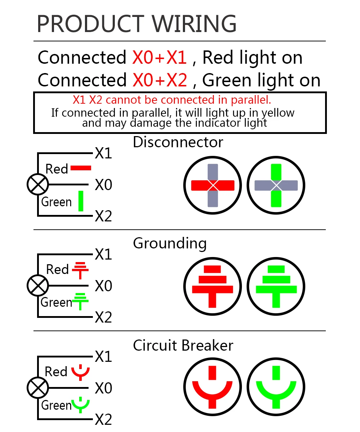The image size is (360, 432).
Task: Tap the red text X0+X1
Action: coord(159,58)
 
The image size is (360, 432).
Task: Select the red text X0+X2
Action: coord(159,80)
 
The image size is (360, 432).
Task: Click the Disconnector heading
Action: coord(178,142)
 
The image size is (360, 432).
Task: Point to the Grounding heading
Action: coord(170,244)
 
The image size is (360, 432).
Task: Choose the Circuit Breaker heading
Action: coord(183,346)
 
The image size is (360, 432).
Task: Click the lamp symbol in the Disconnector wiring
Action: coord(37,184)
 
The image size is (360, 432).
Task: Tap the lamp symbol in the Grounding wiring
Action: coord(37,285)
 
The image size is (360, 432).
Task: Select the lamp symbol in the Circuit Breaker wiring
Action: coord(37,388)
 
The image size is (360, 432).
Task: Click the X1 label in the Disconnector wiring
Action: coord(103,154)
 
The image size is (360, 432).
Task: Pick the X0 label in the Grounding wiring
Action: coord(103,286)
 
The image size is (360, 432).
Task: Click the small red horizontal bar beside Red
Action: coord(81,168)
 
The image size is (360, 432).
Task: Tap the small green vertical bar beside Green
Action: coord(81,201)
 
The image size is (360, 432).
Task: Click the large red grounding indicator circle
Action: coord(213,286)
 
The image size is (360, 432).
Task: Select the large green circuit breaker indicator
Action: coord(276,388)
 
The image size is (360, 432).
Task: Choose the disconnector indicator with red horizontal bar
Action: coord(213,185)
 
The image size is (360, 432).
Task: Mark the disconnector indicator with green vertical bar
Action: coord(276,185)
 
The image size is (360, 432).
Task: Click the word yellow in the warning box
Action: coord(278,113)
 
